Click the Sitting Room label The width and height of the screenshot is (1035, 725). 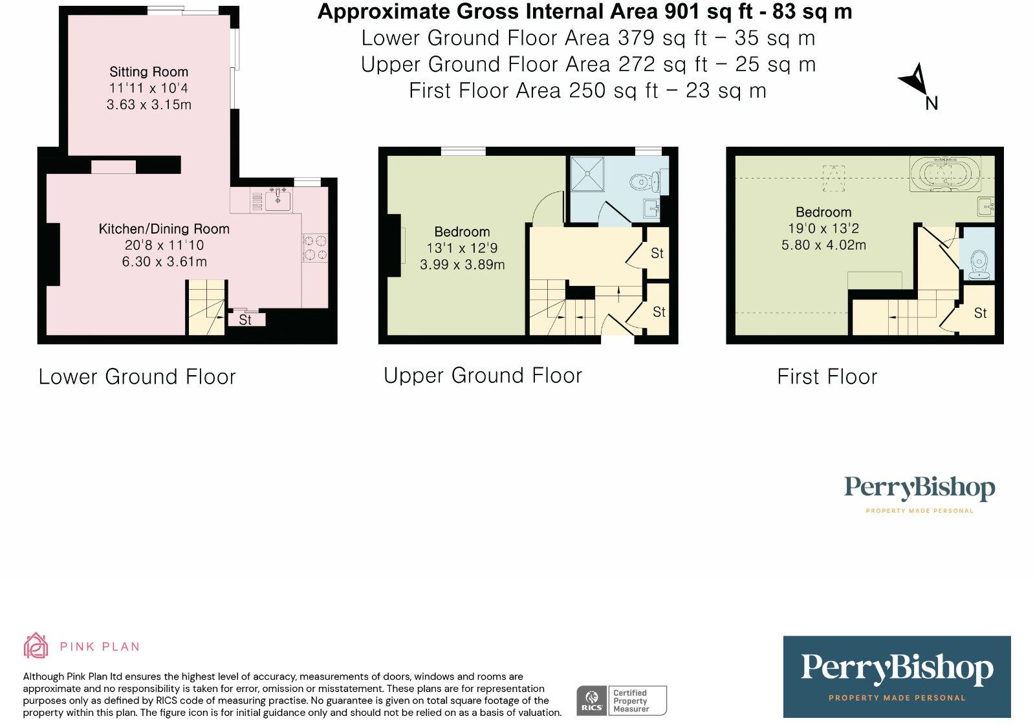(x=149, y=72)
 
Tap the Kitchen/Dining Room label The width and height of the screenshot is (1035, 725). (x=164, y=229)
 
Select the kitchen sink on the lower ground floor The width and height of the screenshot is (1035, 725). (x=278, y=200)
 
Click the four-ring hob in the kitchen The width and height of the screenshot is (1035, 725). (x=315, y=248)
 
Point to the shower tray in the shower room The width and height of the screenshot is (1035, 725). (x=587, y=174)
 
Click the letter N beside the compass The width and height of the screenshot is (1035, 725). (x=931, y=103)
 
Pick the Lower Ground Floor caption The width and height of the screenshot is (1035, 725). (x=137, y=377)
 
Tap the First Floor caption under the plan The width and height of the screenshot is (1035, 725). (x=827, y=377)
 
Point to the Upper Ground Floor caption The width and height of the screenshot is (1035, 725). (x=483, y=376)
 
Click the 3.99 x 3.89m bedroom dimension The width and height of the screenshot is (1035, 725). (x=462, y=265)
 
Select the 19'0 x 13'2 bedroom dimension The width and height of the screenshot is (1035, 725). (x=823, y=229)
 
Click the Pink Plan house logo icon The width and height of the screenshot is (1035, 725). (x=36, y=645)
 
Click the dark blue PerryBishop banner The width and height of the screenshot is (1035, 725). (x=897, y=676)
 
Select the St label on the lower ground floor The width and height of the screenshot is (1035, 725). (x=245, y=319)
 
